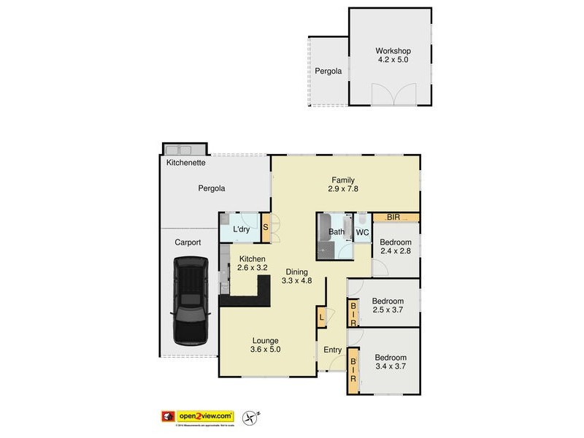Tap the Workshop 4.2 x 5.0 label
pos(393,55)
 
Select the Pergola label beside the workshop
pos(329,72)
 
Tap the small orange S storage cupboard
pos(266,227)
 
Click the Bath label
pos(337,233)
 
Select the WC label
pos(362,233)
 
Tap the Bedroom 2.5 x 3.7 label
pos(388,306)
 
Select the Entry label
pos(333,350)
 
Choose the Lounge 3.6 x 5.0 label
pos(266,345)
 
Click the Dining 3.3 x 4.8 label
pos(296,275)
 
